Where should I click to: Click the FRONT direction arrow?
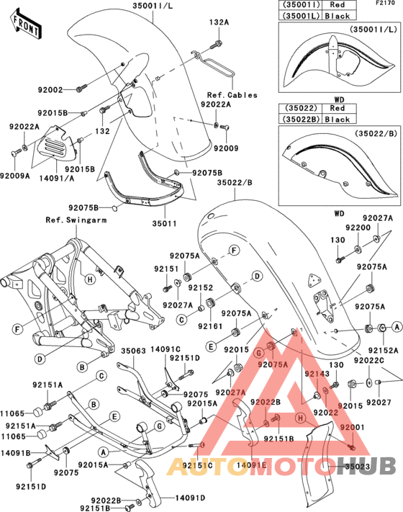[27, 24]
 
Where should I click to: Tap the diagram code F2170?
[386, 4]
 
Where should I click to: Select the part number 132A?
[219, 23]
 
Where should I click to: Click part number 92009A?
[15, 175]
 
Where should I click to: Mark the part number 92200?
[358, 227]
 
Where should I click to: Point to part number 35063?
[133, 352]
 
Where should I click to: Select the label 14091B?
[16, 454]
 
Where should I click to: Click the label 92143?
[315, 374]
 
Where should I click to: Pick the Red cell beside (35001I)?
[337, 5]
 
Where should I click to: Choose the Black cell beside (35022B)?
[337, 120]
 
